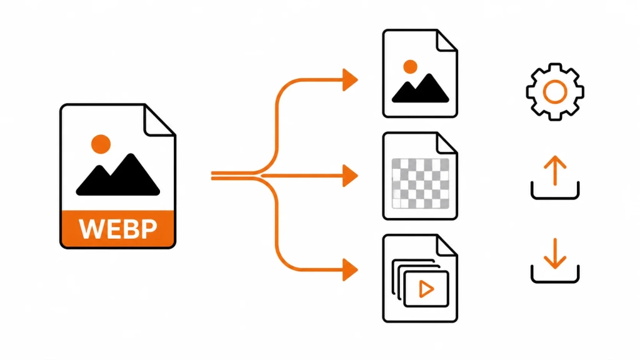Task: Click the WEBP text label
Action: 118,229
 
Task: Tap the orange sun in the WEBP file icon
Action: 101,144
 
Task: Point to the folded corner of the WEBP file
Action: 160,121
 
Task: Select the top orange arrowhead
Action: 350,80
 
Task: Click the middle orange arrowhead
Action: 350,176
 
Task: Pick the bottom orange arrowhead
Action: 350,270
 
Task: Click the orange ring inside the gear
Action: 555,82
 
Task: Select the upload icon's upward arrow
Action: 555,170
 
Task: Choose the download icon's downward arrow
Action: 555,254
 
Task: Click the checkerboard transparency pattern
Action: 421,184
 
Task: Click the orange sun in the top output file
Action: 410,67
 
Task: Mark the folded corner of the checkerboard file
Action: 447,143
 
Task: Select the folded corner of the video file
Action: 447,245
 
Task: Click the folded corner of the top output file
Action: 447,41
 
